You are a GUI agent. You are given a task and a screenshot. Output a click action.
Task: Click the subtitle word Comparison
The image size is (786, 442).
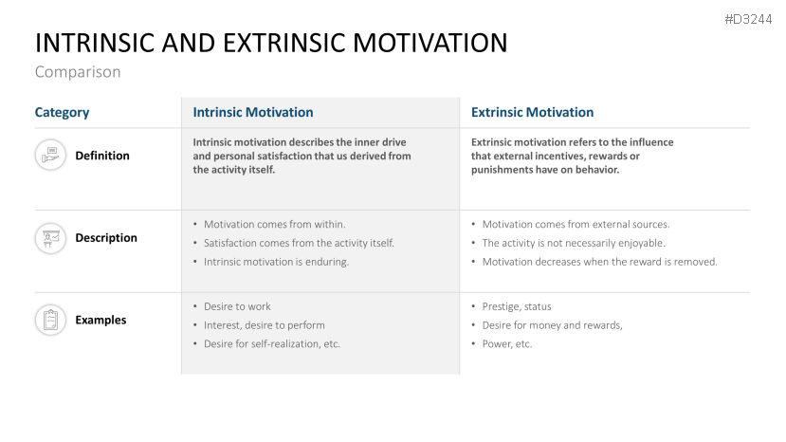[x=78, y=71]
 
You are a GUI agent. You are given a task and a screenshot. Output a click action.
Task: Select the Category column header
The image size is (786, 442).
[x=62, y=112]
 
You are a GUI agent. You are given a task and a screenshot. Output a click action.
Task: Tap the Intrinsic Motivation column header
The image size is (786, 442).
[x=252, y=112]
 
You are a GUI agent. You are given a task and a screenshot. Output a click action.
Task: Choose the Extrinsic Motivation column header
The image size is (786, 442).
[x=532, y=112]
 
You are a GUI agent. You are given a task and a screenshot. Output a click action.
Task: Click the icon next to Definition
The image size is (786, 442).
[x=50, y=155]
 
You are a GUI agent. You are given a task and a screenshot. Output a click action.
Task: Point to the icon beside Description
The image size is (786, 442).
[x=50, y=237]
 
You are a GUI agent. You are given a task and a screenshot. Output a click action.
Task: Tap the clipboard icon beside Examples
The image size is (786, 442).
[x=50, y=320]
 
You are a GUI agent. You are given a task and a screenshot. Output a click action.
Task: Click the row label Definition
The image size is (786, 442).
[x=102, y=156]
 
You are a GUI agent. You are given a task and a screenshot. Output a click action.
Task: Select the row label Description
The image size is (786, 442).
[x=106, y=238]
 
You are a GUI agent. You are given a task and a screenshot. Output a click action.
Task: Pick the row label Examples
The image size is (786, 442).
[x=101, y=321]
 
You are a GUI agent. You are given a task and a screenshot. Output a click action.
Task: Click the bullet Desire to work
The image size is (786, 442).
[x=237, y=306]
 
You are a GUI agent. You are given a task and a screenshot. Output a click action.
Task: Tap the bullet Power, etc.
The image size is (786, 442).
[x=507, y=343]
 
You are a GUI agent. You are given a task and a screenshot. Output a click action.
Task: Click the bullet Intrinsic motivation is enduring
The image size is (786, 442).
[x=276, y=262]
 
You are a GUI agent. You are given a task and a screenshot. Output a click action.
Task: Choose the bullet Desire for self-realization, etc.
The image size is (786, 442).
[x=271, y=343]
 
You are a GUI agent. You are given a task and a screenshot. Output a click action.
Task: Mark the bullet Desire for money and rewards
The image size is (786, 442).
[x=552, y=325]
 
